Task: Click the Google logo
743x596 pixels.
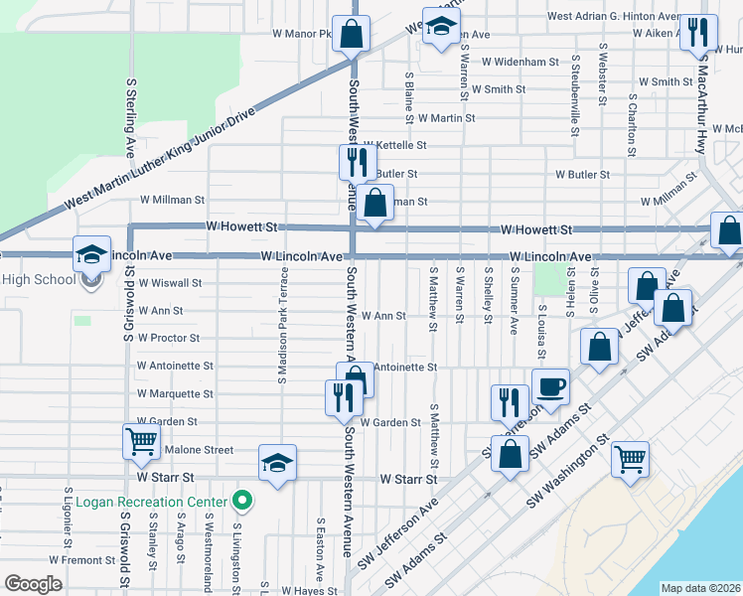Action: [x=33, y=584]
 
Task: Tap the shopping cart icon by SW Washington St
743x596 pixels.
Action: [x=630, y=458]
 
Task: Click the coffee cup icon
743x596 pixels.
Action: [x=550, y=384]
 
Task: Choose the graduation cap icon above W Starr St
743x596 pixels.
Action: [x=277, y=461]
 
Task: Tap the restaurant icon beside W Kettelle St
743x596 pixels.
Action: [x=357, y=160]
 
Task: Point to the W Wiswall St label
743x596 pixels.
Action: [x=171, y=282]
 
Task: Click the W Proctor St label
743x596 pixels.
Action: [x=170, y=338]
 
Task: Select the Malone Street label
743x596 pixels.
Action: [x=199, y=450]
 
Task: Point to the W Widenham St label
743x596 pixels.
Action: [x=520, y=62]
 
